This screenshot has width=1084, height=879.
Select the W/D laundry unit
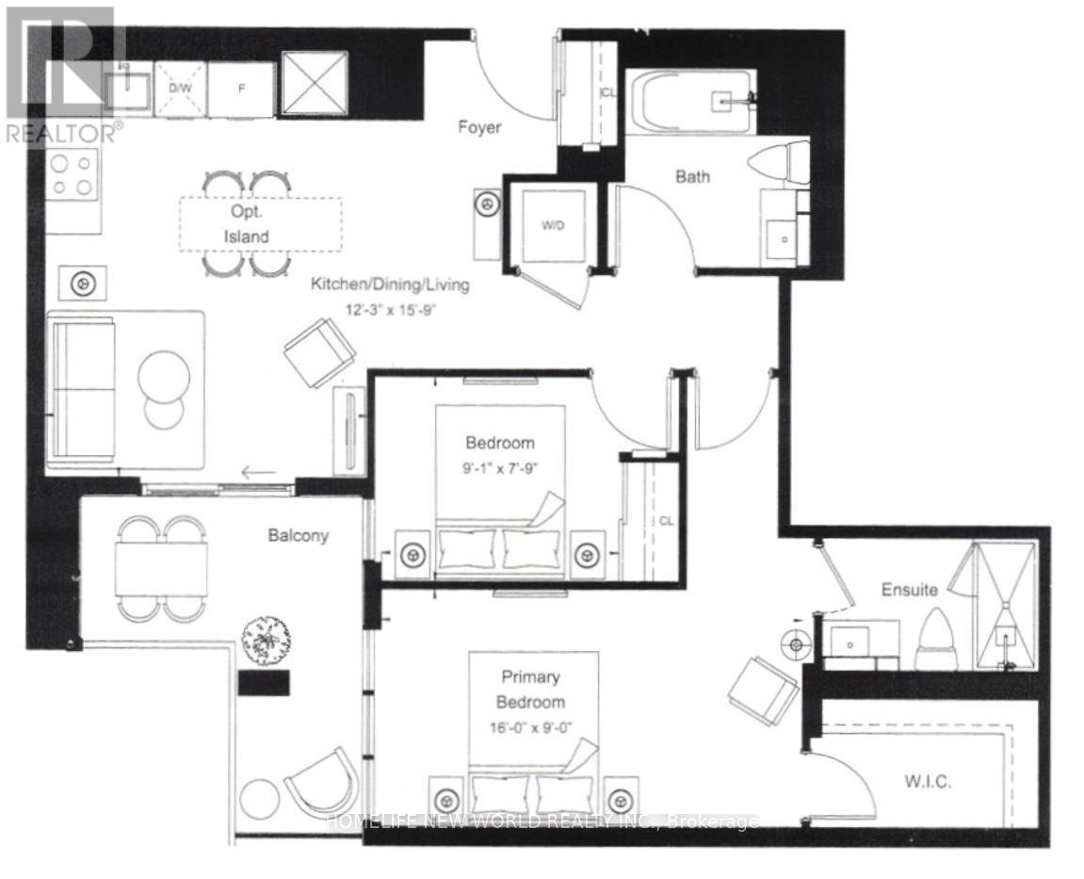click(552, 225)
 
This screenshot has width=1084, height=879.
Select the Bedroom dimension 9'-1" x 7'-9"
click(500, 466)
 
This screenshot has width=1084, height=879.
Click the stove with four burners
click(73, 174)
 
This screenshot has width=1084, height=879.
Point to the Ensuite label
click(909, 590)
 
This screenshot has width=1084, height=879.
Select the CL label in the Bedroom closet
click(665, 520)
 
